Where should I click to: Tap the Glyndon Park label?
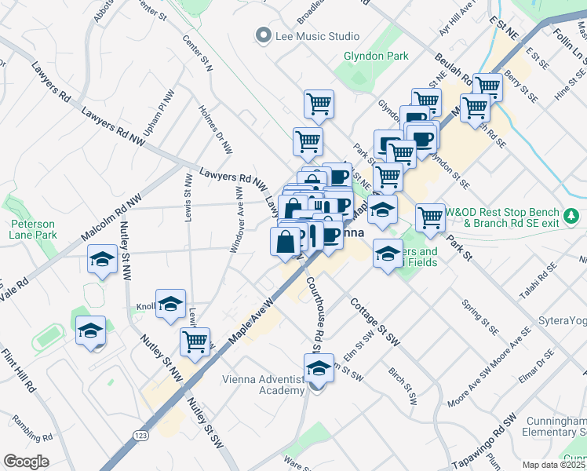(366, 57)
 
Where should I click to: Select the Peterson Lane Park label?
(33, 228)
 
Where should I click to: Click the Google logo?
(27, 462)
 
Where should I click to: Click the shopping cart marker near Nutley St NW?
(195, 343)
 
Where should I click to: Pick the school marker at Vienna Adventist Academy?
(319, 369)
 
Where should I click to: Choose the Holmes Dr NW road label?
(216, 129)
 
